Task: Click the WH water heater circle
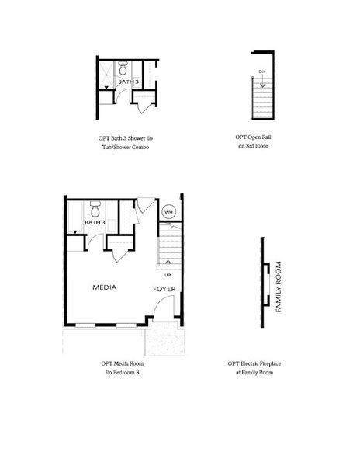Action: click(x=168, y=212)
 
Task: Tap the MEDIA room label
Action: click(x=105, y=287)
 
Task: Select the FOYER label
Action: click(x=164, y=289)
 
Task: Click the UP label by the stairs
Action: click(x=168, y=275)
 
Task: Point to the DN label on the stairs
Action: click(x=262, y=71)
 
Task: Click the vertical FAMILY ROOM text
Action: click(x=278, y=287)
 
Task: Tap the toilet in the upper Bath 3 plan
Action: click(x=123, y=68)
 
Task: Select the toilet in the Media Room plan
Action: click(x=95, y=209)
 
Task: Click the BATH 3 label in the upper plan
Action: click(x=128, y=82)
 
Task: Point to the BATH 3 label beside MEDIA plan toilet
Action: click(x=95, y=222)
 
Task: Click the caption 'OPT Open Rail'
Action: click(x=253, y=137)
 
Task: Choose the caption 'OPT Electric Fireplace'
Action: click(x=254, y=363)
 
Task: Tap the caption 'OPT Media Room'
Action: click(x=123, y=363)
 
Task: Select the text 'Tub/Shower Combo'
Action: click(x=126, y=147)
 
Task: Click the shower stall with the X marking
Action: click(x=106, y=75)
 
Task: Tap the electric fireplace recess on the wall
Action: click(x=267, y=284)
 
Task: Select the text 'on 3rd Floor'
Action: click(x=253, y=146)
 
